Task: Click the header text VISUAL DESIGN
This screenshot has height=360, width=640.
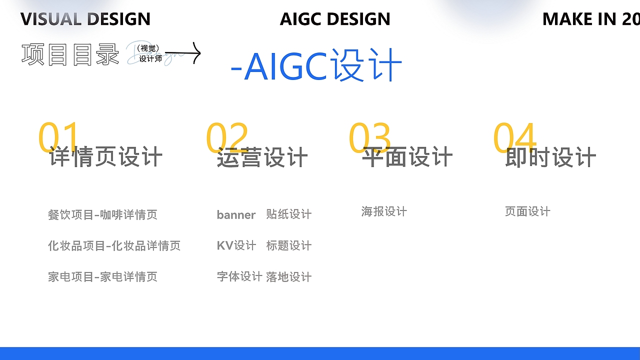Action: point(85,19)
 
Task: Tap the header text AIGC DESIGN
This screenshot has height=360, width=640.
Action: point(335,19)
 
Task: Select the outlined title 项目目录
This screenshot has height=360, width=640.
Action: point(70,54)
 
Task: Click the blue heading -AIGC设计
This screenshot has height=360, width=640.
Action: point(316,65)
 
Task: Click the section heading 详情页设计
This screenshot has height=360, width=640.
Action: point(105,157)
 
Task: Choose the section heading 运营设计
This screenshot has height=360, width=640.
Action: point(262,157)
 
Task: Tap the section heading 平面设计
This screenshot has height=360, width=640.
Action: point(407,157)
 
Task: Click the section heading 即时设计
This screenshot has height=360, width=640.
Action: point(550,157)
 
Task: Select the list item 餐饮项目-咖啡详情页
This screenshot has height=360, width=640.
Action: point(102,215)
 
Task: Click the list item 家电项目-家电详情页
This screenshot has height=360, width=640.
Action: point(102,277)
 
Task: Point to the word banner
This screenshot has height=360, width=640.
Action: point(236,215)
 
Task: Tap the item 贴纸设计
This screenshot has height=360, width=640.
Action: point(288,214)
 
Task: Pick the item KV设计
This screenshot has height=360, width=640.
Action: point(236,245)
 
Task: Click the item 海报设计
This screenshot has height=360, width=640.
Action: point(384,211)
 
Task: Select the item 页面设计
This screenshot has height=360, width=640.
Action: point(527,211)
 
